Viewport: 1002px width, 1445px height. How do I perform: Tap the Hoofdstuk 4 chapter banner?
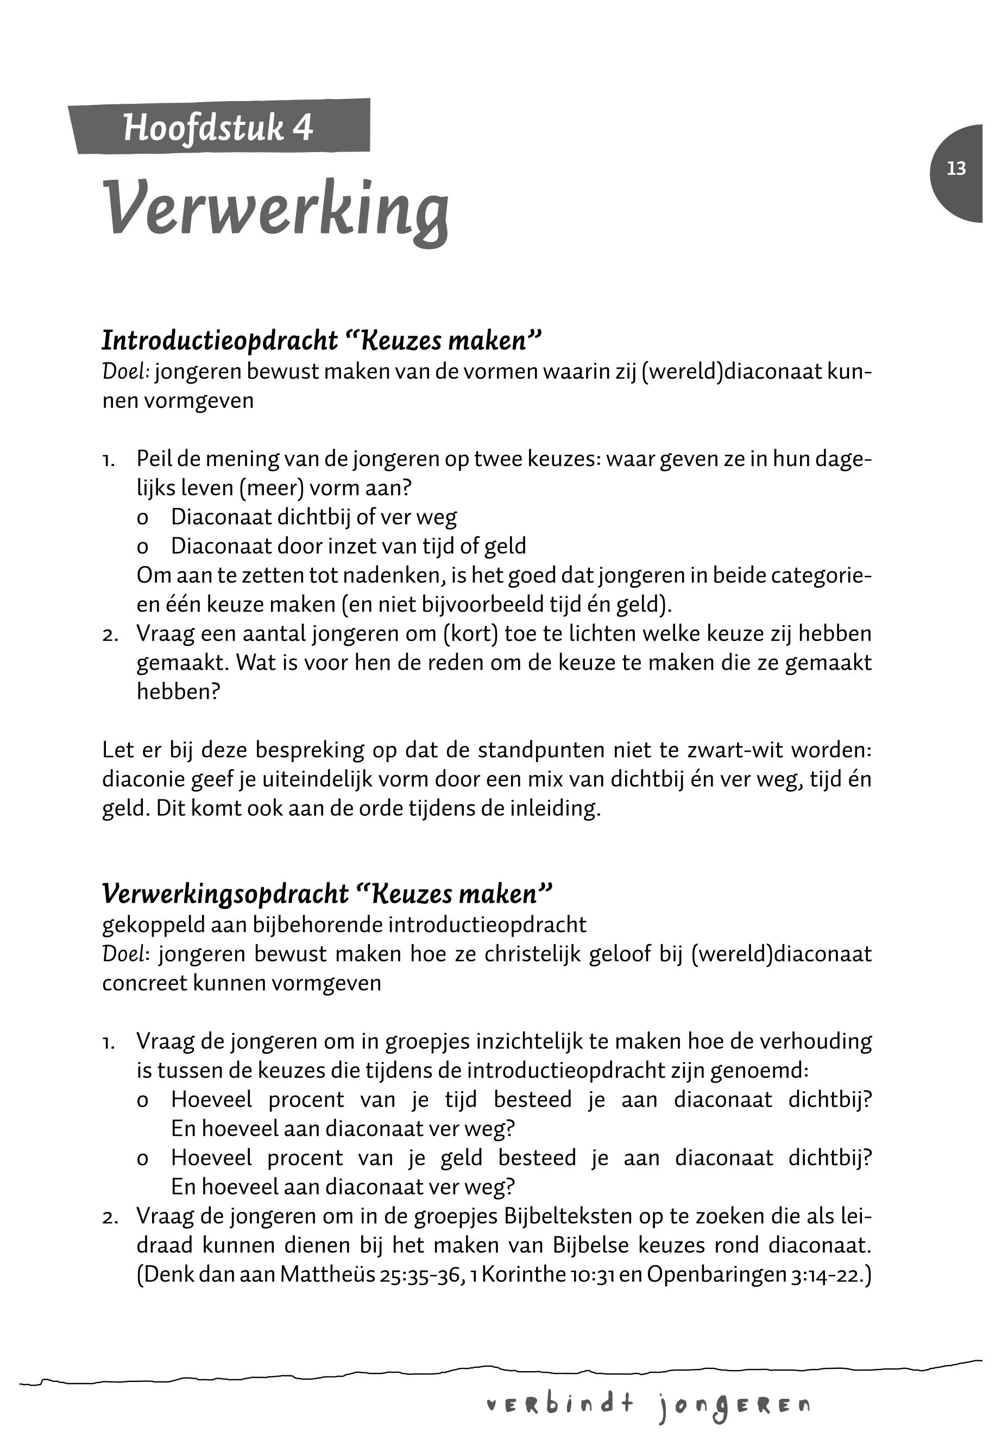point(218,128)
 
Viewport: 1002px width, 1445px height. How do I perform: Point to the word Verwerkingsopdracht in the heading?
point(225,894)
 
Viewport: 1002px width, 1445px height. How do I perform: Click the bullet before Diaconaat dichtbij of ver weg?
point(142,518)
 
